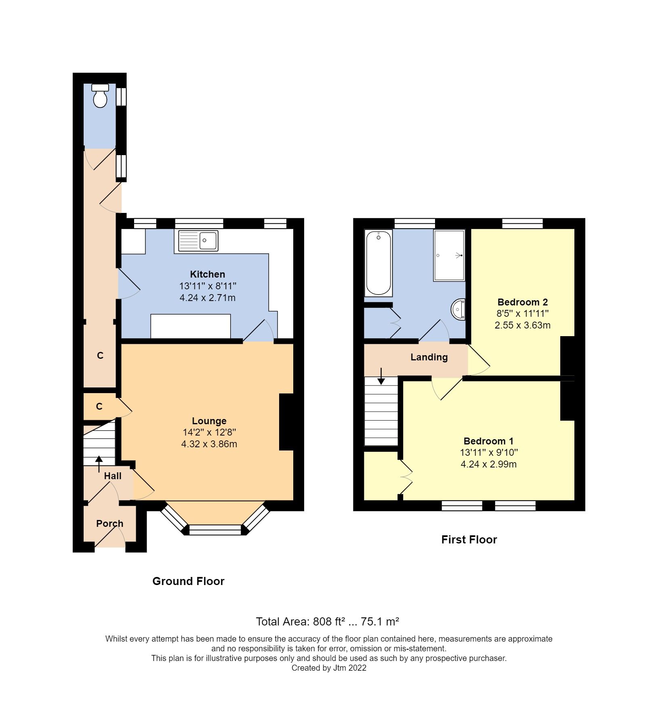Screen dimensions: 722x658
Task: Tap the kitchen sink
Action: coord(198,240)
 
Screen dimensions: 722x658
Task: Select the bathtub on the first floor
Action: coord(378,263)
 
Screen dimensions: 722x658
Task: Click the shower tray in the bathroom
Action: coord(449,255)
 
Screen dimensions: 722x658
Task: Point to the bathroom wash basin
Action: coord(458,309)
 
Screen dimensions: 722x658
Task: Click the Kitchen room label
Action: coord(207,274)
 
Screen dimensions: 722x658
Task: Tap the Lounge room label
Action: coord(209,421)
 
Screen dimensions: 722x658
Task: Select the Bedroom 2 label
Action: coord(522,302)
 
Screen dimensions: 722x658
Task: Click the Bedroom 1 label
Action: coord(488,441)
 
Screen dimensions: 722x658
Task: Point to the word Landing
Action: coord(429,357)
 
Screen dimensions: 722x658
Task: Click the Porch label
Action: coord(109,524)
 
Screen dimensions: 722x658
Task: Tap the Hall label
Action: coord(113,476)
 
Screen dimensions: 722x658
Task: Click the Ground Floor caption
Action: coord(188,581)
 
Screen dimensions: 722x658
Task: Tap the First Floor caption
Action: coord(469,540)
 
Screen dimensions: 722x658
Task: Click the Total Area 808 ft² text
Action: coord(328,621)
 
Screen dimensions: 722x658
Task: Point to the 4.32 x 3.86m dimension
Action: coord(209,444)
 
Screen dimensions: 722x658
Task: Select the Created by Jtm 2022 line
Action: coord(329,668)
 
